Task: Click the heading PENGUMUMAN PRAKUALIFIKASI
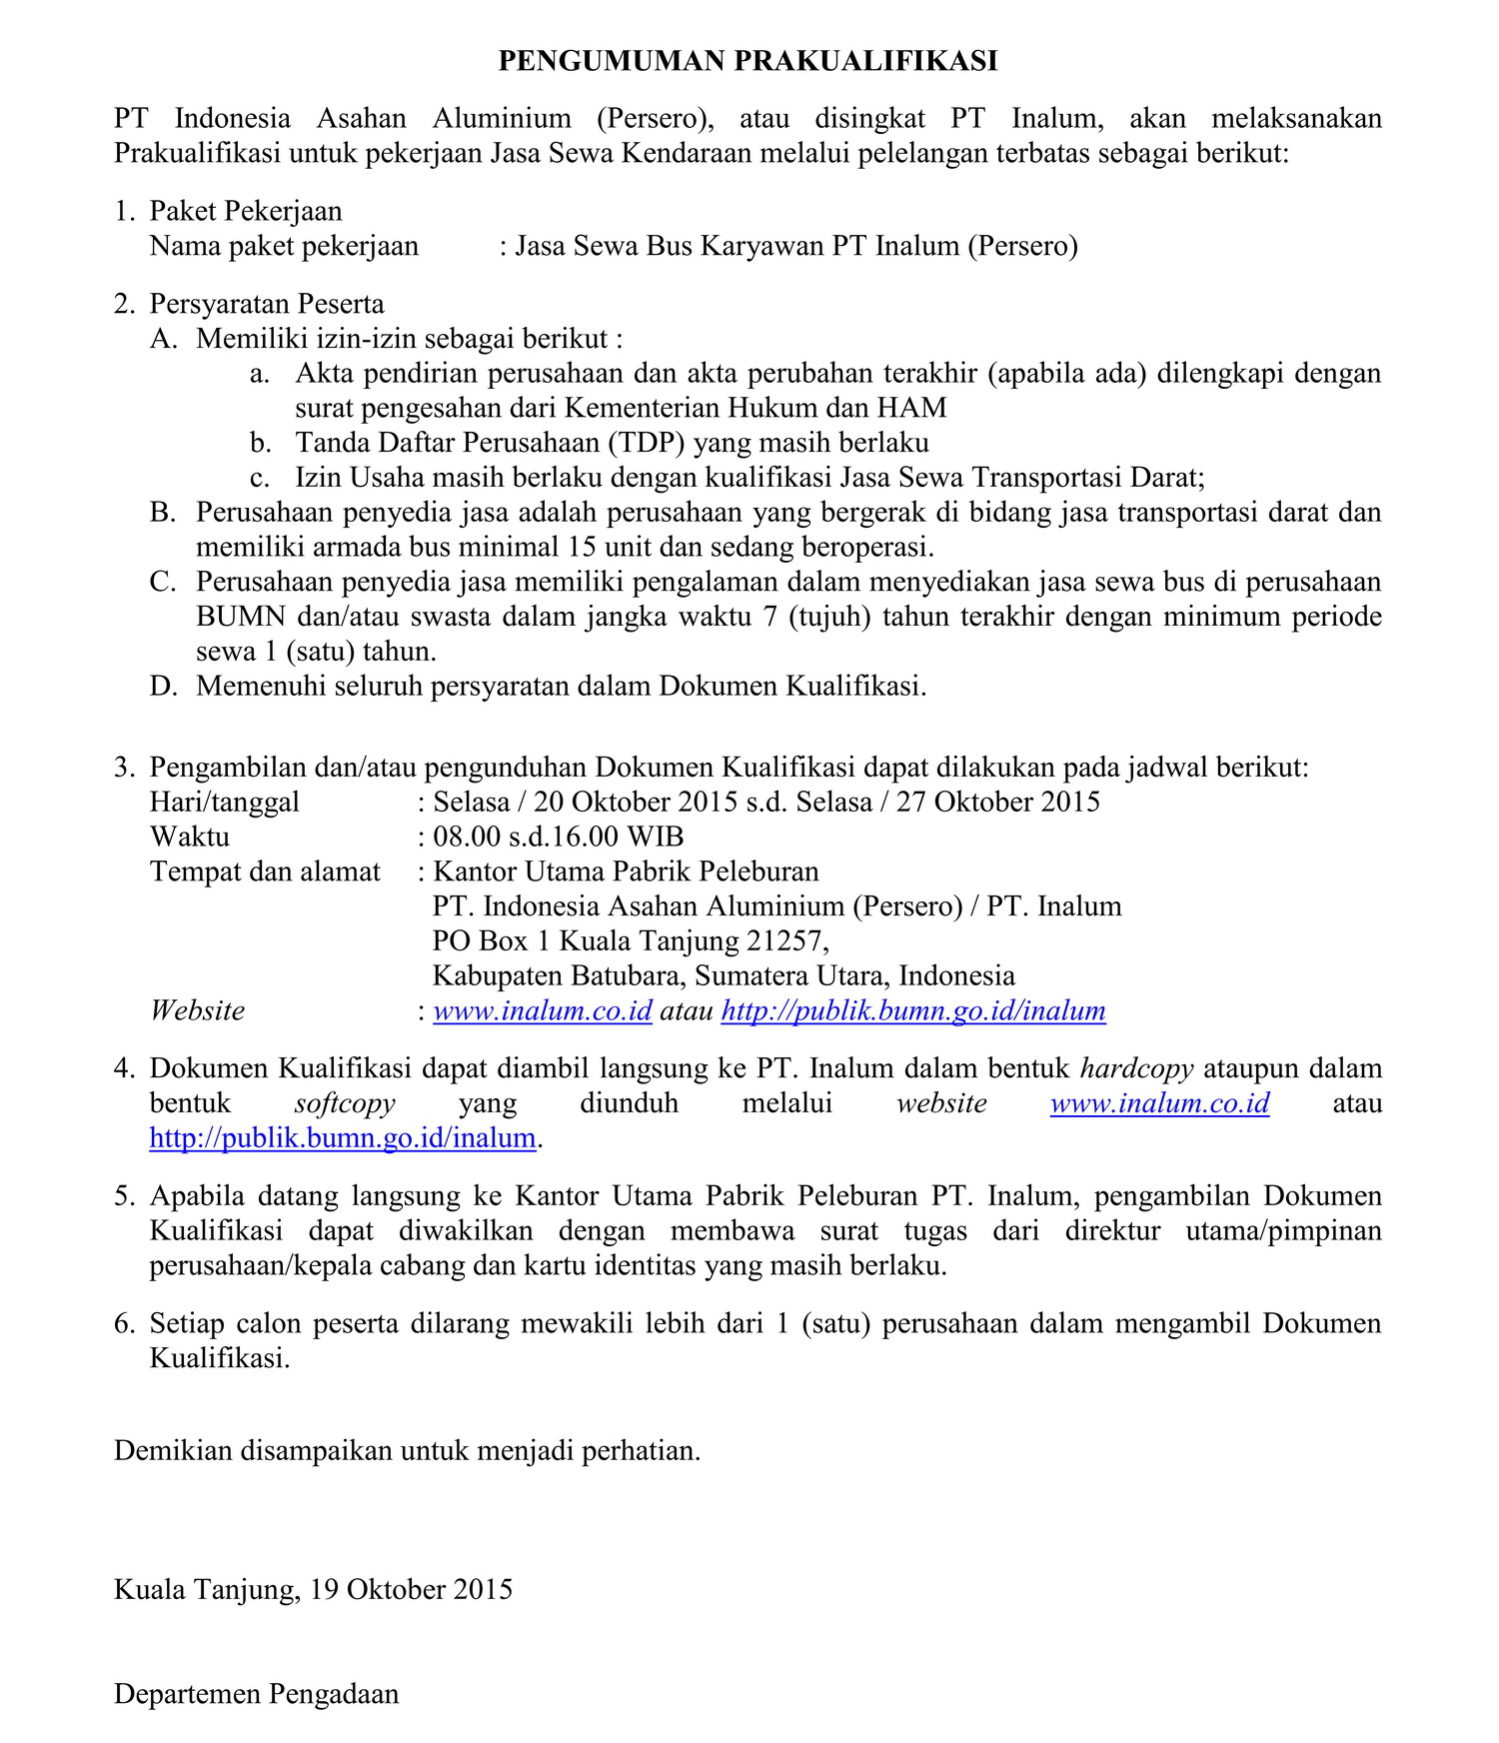point(748,61)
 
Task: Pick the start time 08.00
point(466,837)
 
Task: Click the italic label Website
point(197,1010)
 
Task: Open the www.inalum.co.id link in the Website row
point(542,1010)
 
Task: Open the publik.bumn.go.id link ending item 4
point(343,1138)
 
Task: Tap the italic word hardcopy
point(1136,1068)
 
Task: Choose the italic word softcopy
point(345,1103)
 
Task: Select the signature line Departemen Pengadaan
point(256,1694)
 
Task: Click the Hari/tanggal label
point(224,802)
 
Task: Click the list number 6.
point(123,1323)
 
